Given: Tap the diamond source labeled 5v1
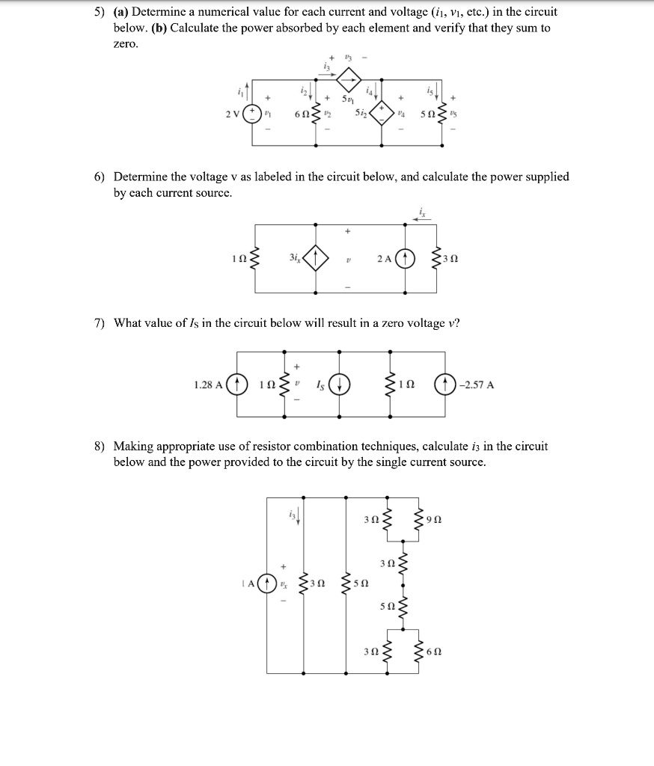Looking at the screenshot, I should pyautogui.click(x=349, y=78).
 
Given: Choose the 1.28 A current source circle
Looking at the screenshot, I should pyautogui.click(x=237, y=385).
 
